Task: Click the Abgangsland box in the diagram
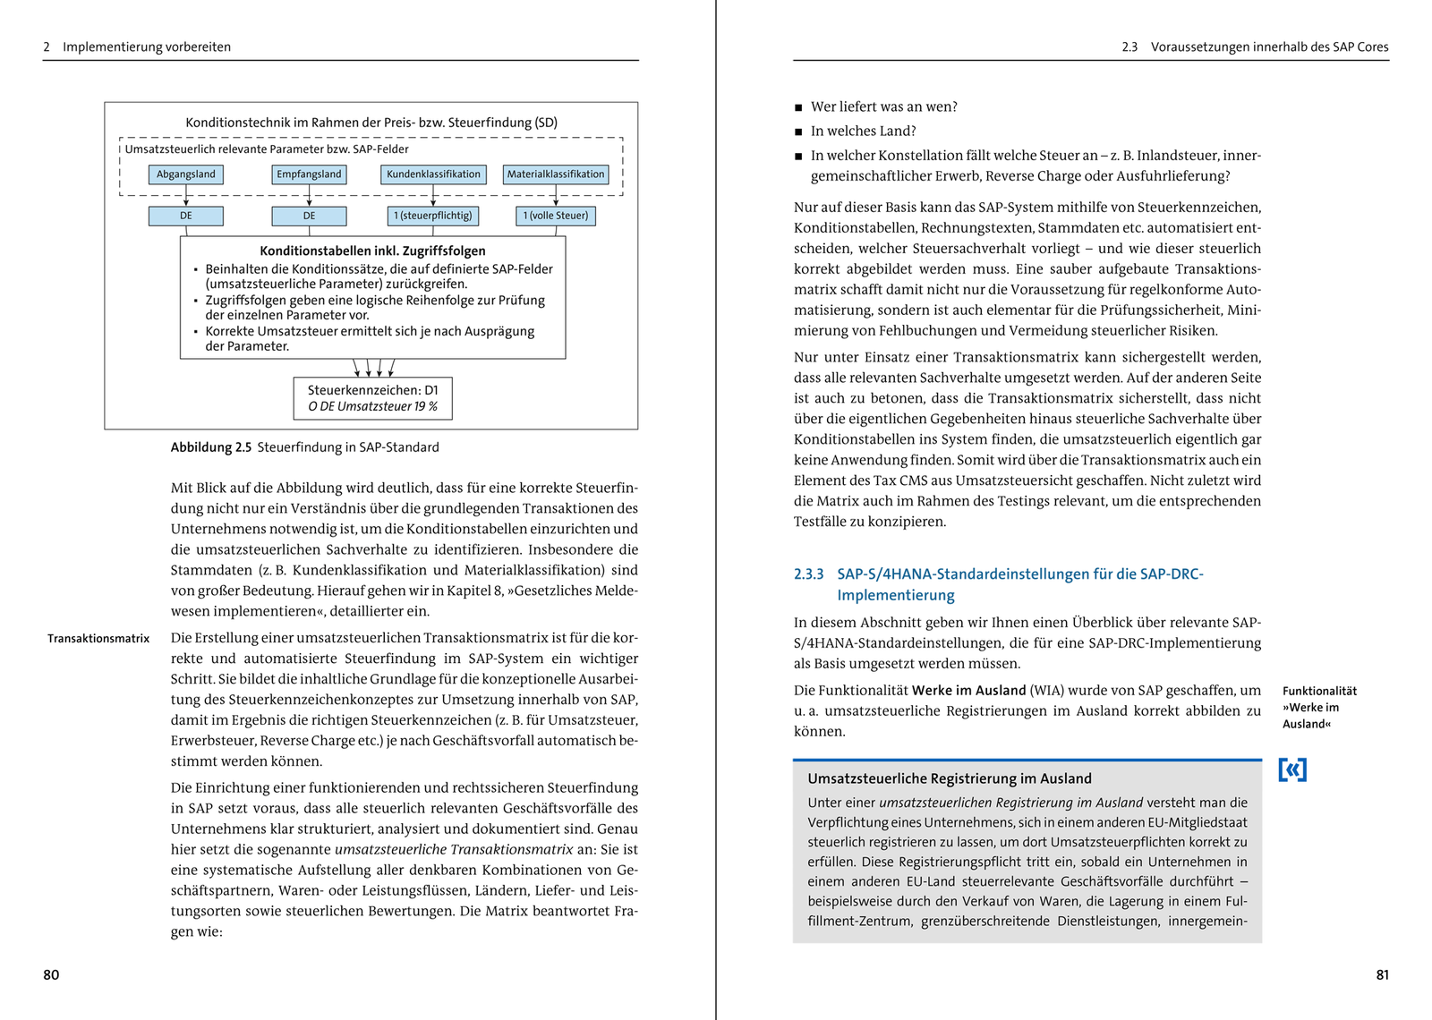click(185, 174)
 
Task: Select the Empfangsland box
click(309, 174)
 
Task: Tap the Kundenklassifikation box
click(433, 174)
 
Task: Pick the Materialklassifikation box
click(556, 174)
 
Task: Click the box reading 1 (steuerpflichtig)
click(433, 216)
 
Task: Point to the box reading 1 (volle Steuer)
click(556, 216)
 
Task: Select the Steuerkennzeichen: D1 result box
click(372, 398)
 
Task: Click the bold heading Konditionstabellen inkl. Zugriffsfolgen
click(372, 251)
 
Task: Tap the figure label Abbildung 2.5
click(211, 447)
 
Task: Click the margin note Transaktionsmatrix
click(98, 639)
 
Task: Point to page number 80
click(51, 975)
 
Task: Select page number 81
click(1382, 975)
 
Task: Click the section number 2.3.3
click(808, 574)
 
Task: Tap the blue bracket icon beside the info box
click(1292, 769)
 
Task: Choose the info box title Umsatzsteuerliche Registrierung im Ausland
click(950, 778)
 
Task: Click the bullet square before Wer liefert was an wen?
click(798, 108)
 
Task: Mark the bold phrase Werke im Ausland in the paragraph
click(968, 691)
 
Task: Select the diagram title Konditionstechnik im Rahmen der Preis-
click(371, 123)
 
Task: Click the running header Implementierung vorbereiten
click(146, 47)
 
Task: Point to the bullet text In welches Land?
click(863, 132)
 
